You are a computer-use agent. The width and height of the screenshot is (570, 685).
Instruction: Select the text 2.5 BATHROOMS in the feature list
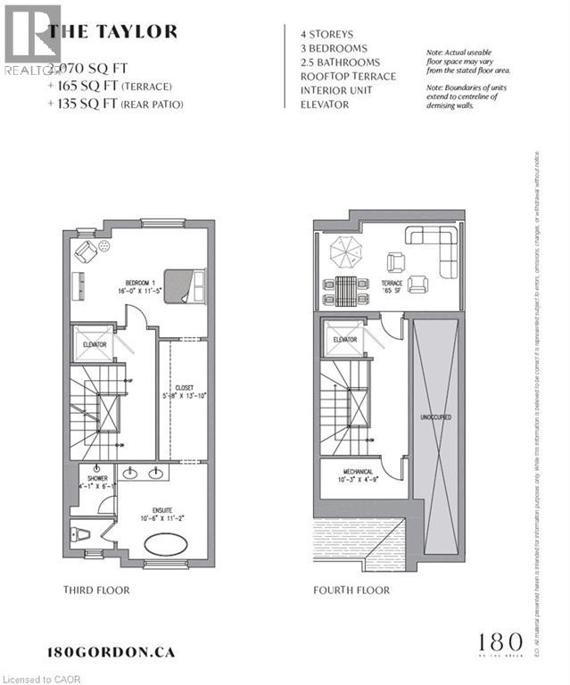pyautogui.click(x=340, y=62)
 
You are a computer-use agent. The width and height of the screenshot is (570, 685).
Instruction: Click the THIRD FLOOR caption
pyautogui.click(x=96, y=590)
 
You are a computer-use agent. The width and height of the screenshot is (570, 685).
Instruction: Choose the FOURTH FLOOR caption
pyautogui.click(x=351, y=590)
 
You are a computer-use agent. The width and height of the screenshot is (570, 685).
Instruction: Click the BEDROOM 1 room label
pyautogui.click(x=117, y=278)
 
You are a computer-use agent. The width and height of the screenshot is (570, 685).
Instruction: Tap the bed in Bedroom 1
pyautogui.click(x=186, y=285)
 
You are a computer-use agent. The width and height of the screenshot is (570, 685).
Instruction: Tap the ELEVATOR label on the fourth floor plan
pyautogui.click(x=344, y=340)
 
